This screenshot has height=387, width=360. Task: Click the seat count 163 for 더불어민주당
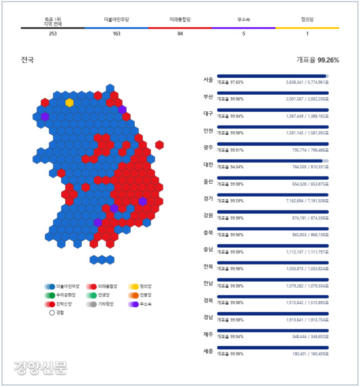click(116, 34)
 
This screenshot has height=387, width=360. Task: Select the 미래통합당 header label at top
click(180, 20)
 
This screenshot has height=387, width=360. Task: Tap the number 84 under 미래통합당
click(180, 34)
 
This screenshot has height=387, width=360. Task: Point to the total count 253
click(53, 34)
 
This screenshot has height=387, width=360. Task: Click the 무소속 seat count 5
click(244, 34)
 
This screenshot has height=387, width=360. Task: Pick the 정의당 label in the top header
click(307, 20)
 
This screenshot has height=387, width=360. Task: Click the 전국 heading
click(28, 60)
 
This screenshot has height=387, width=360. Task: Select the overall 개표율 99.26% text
click(317, 60)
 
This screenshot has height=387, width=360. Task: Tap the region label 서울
click(208, 80)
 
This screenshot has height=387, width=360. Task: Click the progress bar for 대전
click(273, 161)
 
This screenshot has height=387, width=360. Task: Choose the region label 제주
click(208, 335)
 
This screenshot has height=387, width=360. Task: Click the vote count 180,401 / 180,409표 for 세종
click(307, 354)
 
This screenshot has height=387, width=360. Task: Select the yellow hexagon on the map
click(69, 102)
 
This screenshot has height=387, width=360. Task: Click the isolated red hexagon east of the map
click(159, 145)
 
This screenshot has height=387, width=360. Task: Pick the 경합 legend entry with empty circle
click(57, 312)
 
